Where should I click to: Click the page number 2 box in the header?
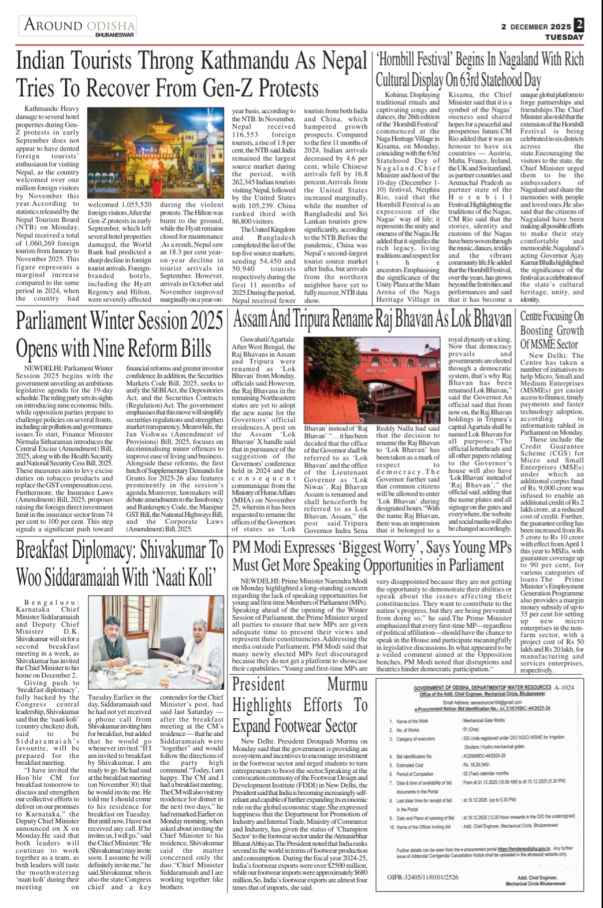click(x=579, y=25)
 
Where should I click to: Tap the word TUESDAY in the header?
click(x=564, y=37)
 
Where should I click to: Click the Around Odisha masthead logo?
click(x=79, y=26)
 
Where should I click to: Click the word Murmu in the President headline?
click(x=347, y=684)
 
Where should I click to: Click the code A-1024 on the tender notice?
click(x=564, y=687)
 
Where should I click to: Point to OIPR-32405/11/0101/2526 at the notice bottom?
click(x=422, y=877)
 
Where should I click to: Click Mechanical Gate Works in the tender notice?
click(x=484, y=721)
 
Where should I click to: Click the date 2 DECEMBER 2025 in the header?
click(x=536, y=27)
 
